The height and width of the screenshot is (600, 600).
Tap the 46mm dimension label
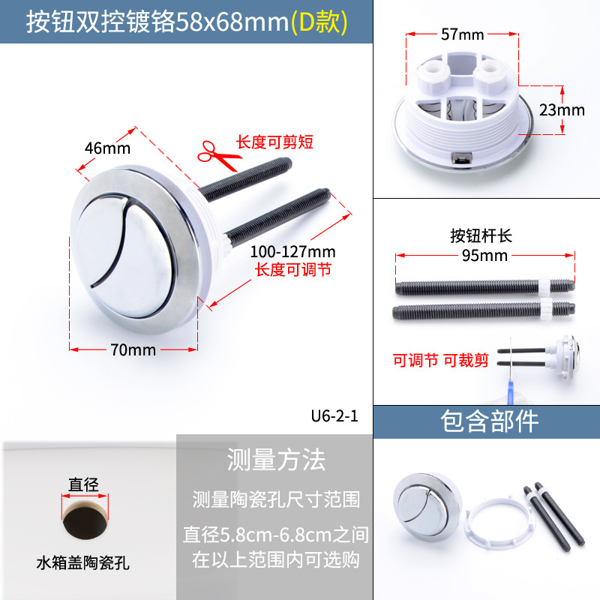coord(107,148)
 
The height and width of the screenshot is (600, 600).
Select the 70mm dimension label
coord(133,349)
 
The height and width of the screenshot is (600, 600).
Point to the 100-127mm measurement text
coord(292,252)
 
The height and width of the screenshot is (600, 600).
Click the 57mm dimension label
coord(462,34)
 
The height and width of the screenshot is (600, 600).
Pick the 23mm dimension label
coord(562,110)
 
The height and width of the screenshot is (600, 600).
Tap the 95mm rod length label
coord(484,255)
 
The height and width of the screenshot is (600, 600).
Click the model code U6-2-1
coord(334,416)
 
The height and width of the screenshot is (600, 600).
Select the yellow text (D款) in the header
coord(319,22)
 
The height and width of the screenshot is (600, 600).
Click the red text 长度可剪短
coord(274,142)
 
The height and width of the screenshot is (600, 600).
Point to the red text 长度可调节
coord(293,270)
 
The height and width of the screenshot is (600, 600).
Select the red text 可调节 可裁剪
coord(441,361)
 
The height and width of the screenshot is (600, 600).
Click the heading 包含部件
coord(490,421)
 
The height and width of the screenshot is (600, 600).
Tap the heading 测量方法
coord(276,460)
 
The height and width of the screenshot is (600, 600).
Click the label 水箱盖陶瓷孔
coord(83,563)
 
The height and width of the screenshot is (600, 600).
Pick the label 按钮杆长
coord(481,235)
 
